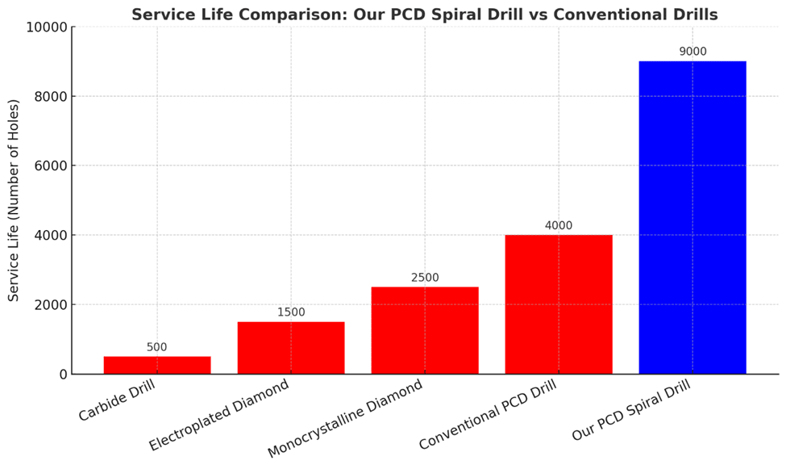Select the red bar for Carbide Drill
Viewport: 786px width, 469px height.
(x=157, y=365)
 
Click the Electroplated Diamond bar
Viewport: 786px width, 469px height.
(x=291, y=348)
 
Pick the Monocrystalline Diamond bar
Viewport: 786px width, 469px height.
(x=425, y=330)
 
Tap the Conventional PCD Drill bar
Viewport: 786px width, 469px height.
(x=559, y=304)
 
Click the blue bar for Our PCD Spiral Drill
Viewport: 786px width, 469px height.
(x=692, y=217)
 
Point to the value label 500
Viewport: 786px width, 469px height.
(x=157, y=347)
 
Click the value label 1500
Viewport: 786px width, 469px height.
(x=291, y=312)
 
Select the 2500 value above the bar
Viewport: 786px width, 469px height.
(x=425, y=278)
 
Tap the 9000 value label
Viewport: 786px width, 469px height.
(x=692, y=52)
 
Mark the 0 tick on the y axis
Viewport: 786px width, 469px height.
(x=63, y=375)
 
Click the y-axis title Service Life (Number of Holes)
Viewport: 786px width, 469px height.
(x=14, y=200)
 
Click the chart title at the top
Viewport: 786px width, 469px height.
(x=425, y=15)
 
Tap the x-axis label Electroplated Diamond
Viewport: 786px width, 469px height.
(x=220, y=415)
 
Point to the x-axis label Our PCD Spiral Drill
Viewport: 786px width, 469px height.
(x=632, y=410)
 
